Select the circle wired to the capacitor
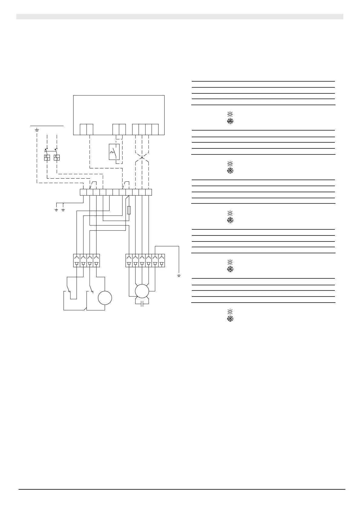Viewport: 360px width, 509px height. (x=142, y=291)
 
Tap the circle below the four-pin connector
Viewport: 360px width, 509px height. (x=105, y=298)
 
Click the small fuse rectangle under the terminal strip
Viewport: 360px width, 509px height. (x=129, y=210)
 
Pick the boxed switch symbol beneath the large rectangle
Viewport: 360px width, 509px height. (x=114, y=151)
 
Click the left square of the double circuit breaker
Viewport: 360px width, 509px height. (x=47, y=157)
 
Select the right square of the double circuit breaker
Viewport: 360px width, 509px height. (x=57, y=157)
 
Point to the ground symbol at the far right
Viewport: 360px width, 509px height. (x=179, y=276)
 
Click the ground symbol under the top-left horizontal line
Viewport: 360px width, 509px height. (x=37, y=130)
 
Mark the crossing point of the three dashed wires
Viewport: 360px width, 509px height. (x=142, y=158)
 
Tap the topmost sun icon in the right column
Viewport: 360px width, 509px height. (x=230, y=114)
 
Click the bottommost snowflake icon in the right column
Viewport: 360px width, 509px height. (x=230, y=319)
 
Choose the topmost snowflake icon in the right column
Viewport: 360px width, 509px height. (x=230, y=122)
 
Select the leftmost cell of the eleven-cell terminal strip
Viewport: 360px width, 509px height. (x=83, y=192)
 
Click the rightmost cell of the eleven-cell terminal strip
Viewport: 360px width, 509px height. (x=149, y=192)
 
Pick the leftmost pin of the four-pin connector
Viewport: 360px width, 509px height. (x=77, y=260)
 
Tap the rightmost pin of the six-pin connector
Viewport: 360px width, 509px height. (x=162, y=260)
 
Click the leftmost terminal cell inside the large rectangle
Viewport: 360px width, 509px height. (x=83, y=129)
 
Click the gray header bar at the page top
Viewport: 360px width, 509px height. (x=180, y=17)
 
